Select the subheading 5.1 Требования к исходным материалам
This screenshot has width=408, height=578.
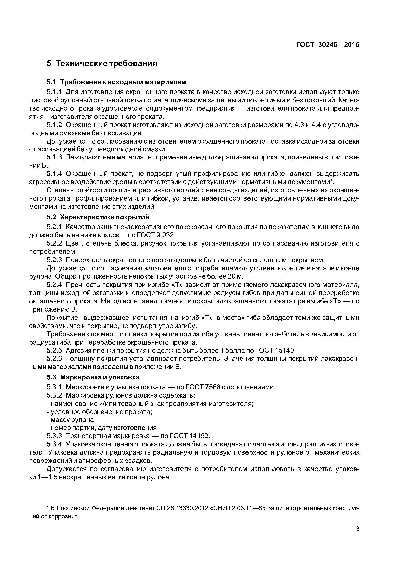[x=116, y=82]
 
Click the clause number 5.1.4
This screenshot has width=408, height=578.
[x=54, y=174]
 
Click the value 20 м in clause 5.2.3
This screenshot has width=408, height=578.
[x=236, y=276]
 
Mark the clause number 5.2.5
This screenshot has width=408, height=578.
[x=54, y=350]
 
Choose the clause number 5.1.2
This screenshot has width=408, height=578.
[x=54, y=125]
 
